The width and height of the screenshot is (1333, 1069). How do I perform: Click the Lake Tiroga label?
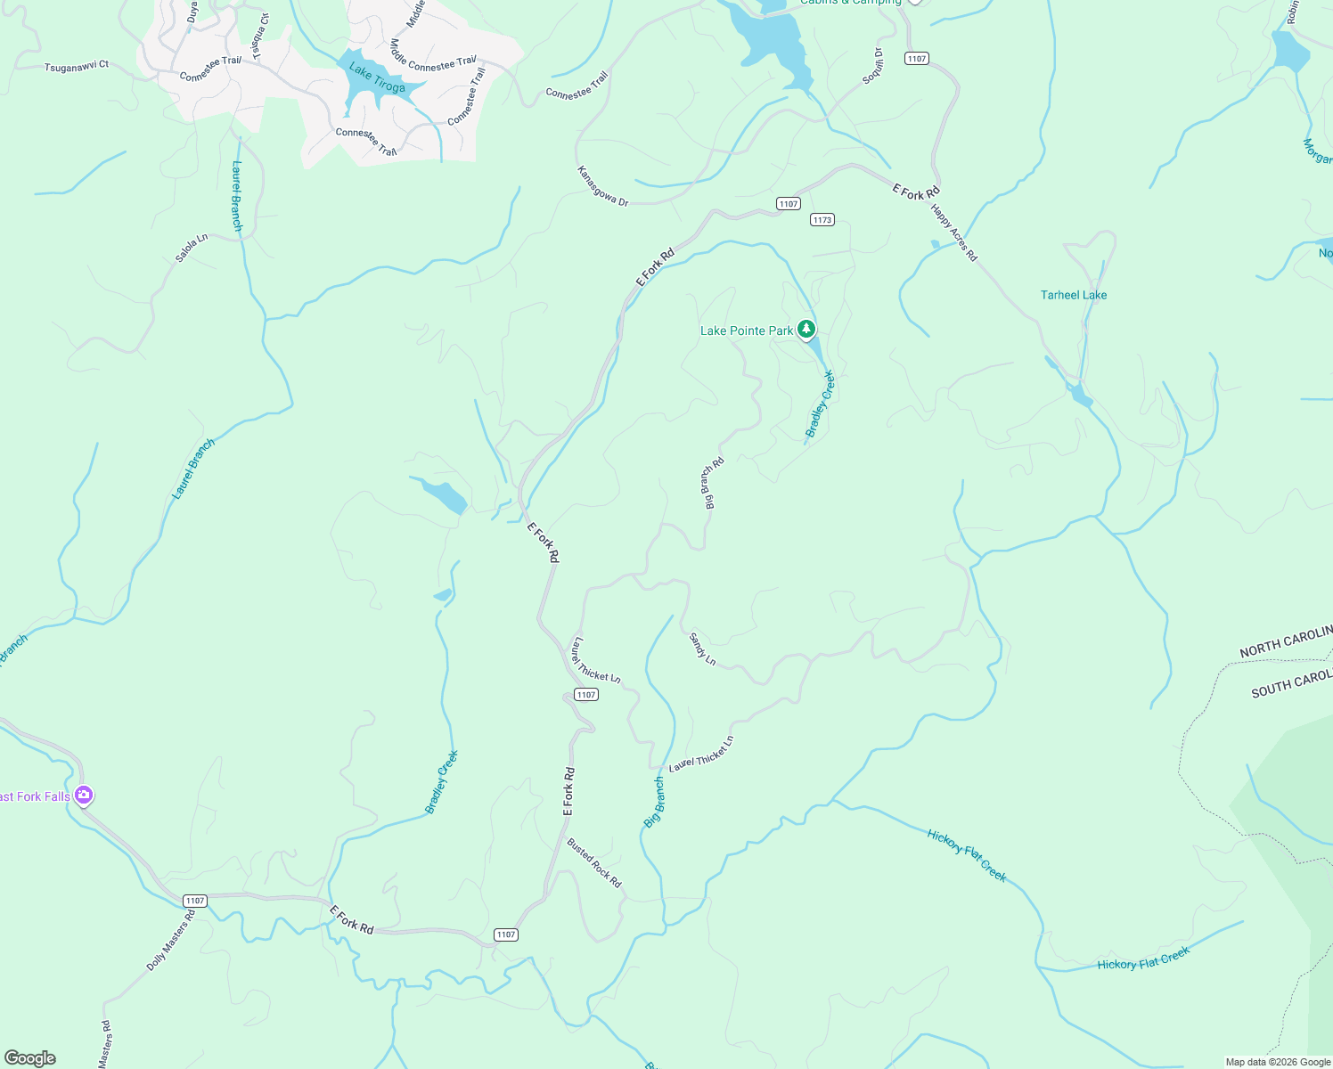(x=377, y=78)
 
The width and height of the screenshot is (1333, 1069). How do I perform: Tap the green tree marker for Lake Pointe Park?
(x=806, y=330)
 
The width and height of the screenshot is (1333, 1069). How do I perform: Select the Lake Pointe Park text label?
(x=746, y=330)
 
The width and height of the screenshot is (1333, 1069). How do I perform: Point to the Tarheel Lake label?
(x=1074, y=295)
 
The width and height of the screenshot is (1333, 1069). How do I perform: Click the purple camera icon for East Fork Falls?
(x=84, y=795)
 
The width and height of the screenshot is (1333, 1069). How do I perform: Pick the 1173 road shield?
(x=822, y=219)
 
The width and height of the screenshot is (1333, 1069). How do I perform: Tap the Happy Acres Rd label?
(x=953, y=233)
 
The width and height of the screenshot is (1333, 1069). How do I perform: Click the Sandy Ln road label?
(x=702, y=649)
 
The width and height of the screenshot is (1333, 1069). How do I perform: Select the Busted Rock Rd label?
(x=594, y=863)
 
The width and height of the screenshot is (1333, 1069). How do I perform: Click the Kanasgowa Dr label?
(x=602, y=186)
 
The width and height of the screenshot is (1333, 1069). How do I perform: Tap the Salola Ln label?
(x=192, y=248)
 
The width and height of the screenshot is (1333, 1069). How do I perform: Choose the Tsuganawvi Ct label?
(x=77, y=66)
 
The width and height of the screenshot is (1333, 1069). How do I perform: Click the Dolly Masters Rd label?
(x=170, y=941)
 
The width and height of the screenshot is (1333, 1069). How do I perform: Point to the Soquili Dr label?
(x=872, y=67)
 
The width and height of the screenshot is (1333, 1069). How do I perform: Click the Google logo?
(x=30, y=1058)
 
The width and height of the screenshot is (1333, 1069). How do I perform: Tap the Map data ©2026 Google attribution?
(x=1277, y=1062)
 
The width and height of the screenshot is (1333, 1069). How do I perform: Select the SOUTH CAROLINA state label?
(x=1291, y=684)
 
